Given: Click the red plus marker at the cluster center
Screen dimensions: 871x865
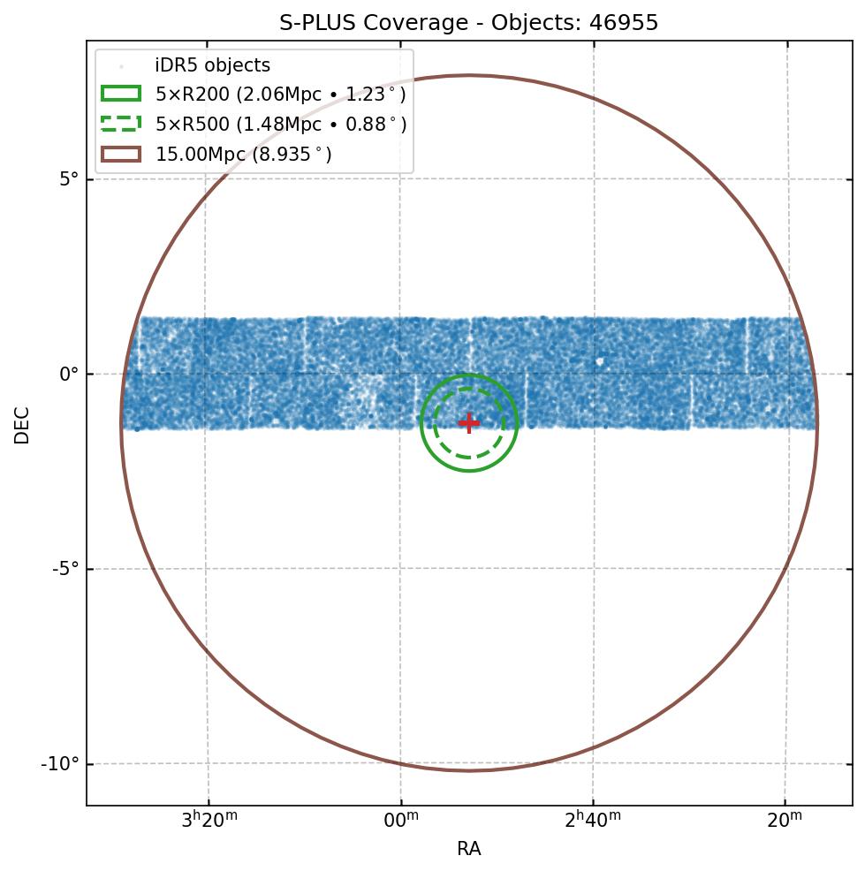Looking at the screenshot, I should point(468,423).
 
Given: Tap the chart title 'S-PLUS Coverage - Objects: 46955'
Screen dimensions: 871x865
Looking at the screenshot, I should point(468,23).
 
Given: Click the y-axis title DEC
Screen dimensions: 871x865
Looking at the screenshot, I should point(22,424).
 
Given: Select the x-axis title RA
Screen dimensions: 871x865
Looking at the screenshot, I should point(468,849).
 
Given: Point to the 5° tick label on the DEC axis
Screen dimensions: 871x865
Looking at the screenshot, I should point(69,179).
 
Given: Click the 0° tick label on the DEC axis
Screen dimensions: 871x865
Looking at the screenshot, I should point(69,375).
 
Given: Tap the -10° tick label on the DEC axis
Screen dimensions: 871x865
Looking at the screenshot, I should point(61,763).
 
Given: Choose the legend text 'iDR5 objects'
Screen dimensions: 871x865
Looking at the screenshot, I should point(212,66).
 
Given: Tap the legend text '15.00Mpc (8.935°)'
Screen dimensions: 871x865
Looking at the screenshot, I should point(244,155).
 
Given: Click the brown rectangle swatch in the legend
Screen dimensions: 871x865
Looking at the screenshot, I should point(121,154).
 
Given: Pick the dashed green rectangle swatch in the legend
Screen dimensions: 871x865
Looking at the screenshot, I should point(121,124).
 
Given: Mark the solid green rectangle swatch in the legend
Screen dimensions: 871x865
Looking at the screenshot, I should point(121,95).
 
